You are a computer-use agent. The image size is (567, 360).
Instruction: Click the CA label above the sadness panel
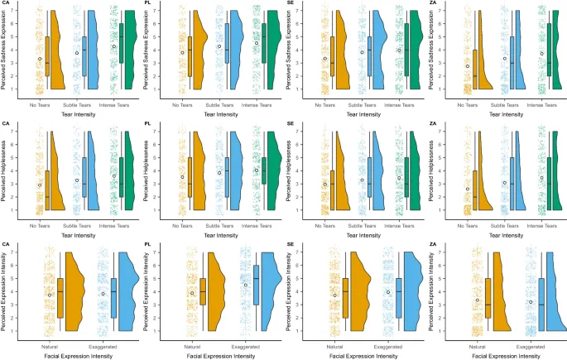(6, 3)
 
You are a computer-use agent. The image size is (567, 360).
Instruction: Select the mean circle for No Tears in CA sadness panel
(39, 59)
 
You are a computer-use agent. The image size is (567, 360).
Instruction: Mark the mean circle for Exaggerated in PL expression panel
(245, 285)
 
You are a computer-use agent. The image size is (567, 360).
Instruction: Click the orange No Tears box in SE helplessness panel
(331, 197)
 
